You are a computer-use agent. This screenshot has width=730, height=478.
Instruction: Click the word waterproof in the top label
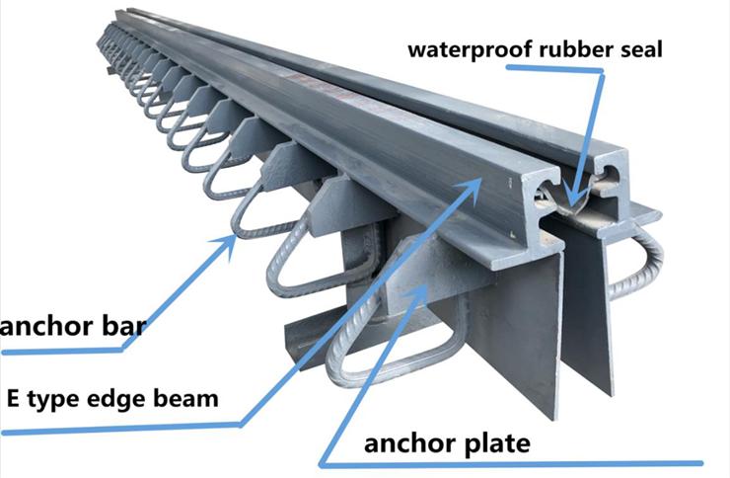point(472,49)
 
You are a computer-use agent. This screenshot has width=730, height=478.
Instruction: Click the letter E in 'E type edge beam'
point(13,398)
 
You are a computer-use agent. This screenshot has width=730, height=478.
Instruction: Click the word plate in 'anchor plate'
point(495,444)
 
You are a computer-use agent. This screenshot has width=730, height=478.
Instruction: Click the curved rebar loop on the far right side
point(646,266)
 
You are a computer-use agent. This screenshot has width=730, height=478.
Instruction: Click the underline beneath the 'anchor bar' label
point(63,351)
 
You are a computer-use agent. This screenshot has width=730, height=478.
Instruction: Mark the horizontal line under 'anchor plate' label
point(511,464)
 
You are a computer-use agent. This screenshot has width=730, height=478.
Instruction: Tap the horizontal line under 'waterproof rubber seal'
point(554,68)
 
